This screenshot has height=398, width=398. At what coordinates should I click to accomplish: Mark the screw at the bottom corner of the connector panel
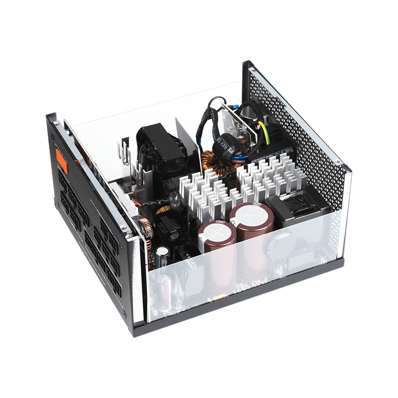125,314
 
